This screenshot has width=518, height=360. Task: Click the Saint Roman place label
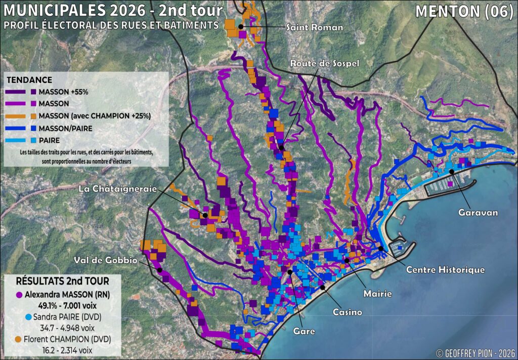[314, 27]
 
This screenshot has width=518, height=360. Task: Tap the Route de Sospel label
[324, 63]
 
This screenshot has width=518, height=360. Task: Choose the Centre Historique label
[446, 270]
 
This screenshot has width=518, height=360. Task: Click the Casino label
[347, 312]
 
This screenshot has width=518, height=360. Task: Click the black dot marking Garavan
[451, 172]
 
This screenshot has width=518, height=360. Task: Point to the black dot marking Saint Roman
[241, 26]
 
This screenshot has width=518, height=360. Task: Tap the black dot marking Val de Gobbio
[160, 270]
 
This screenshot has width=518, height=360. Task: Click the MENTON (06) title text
[464, 12]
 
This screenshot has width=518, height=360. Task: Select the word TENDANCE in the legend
[28, 80]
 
